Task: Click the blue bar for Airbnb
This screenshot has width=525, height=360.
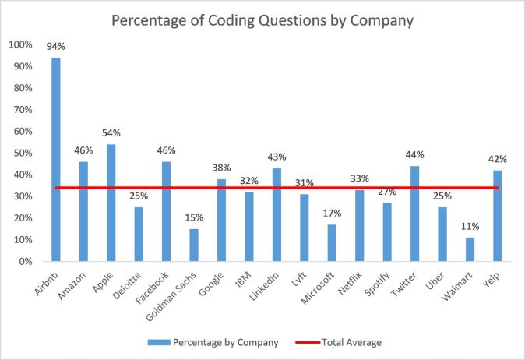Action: [56, 160]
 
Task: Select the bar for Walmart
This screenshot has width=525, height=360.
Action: [470, 249]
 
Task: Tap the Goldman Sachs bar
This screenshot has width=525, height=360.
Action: [194, 245]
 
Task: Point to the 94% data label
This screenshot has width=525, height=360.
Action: [56, 46]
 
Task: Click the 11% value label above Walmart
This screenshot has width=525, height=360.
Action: [470, 226]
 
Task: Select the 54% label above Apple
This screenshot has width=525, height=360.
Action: [111, 133]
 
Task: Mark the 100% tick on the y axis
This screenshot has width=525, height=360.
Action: [21, 44]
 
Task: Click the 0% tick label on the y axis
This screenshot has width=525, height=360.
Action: [26, 261]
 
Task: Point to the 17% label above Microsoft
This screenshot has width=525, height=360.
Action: [332, 213]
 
